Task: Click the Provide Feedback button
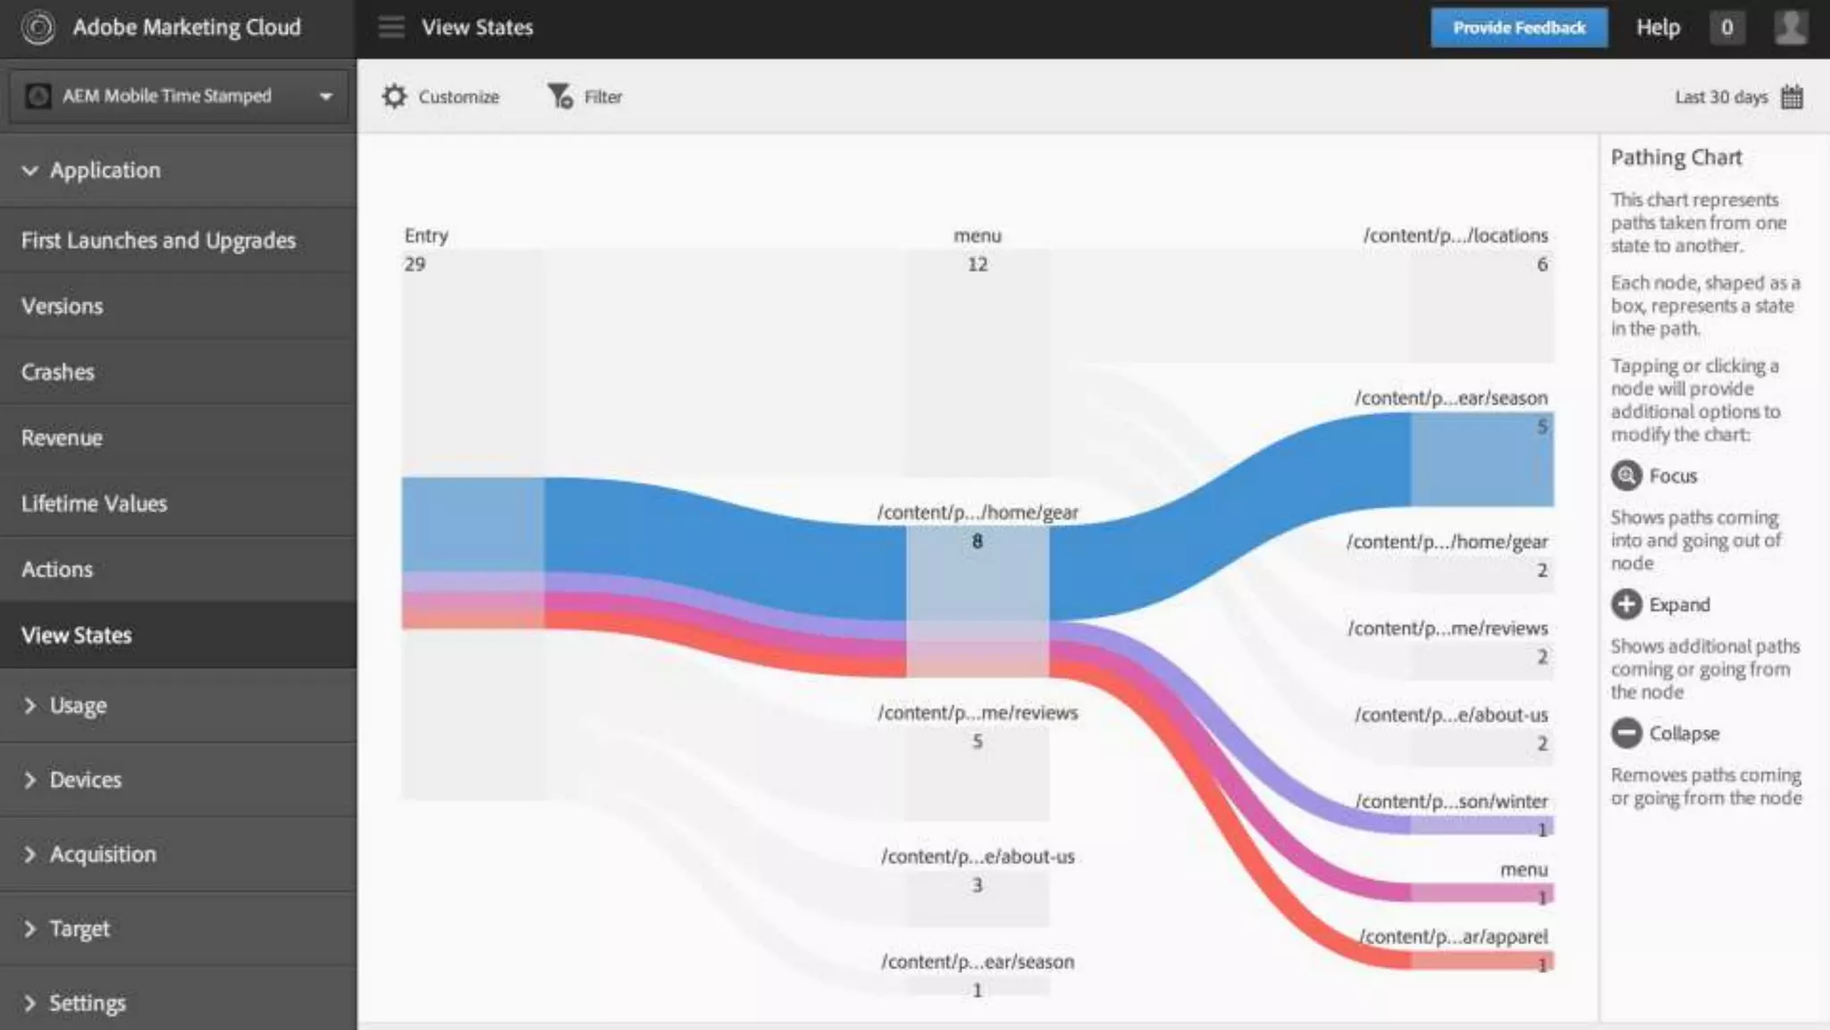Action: pyautogui.click(x=1518, y=28)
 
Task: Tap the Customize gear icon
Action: pyautogui.click(x=394, y=97)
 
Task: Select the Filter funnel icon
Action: pyautogui.click(x=560, y=97)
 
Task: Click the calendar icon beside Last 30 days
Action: pyautogui.click(x=1792, y=97)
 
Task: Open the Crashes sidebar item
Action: pyautogui.click(x=58, y=372)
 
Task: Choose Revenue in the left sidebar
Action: pyautogui.click(x=62, y=438)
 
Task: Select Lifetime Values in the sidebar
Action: pyautogui.click(x=94, y=503)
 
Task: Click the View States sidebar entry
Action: pyautogui.click(x=77, y=636)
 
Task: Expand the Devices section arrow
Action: pyautogui.click(x=30, y=780)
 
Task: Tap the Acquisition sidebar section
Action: pyautogui.click(x=103, y=854)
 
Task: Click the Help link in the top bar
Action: pyautogui.click(x=1658, y=28)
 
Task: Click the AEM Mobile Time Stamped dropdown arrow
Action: pyautogui.click(x=326, y=97)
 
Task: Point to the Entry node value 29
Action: pyautogui.click(x=415, y=264)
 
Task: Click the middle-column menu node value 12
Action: pyautogui.click(x=978, y=264)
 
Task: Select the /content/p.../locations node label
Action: pyautogui.click(x=1455, y=236)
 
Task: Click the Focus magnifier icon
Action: pyautogui.click(x=1626, y=476)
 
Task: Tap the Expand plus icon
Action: pyautogui.click(x=1626, y=604)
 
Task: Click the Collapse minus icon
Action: pyautogui.click(x=1626, y=733)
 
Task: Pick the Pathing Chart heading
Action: pyautogui.click(x=1676, y=157)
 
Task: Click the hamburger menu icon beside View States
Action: pyautogui.click(x=391, y=28)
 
